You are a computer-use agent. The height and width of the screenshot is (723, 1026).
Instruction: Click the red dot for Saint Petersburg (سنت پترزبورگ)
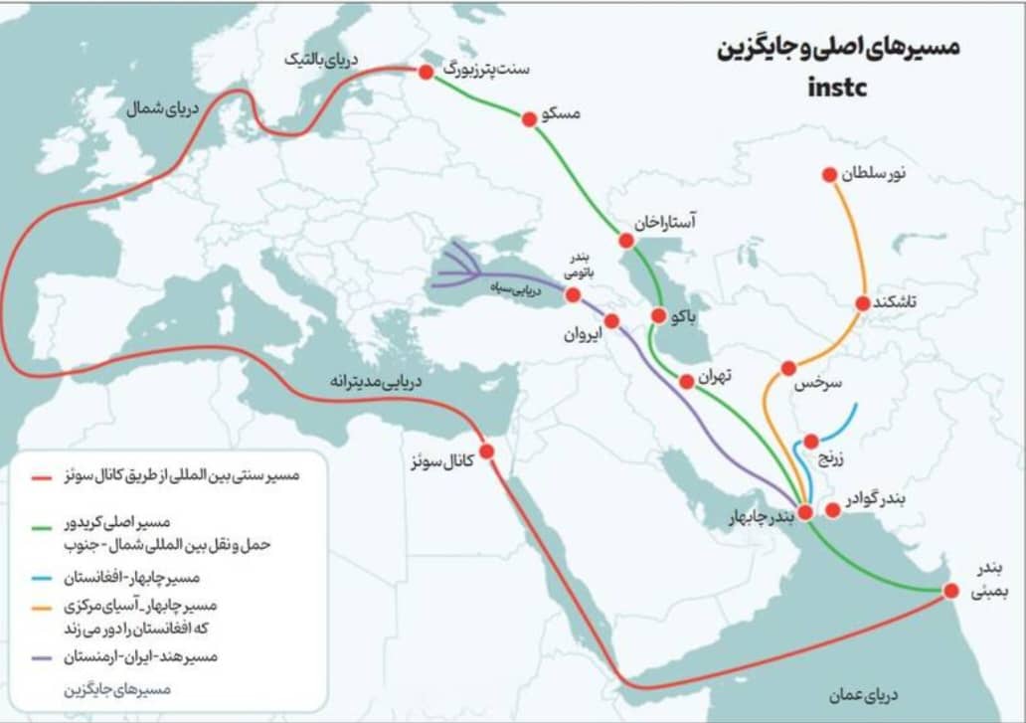tap(426, 72)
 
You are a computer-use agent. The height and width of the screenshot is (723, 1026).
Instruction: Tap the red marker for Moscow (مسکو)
tap(529, 118)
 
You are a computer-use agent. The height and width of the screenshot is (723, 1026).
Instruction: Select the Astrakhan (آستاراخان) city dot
tap(626, 240)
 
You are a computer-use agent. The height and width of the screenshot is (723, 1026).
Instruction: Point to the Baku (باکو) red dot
tap(658, 315)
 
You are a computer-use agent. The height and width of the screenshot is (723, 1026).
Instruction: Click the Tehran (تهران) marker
tap(686, 381)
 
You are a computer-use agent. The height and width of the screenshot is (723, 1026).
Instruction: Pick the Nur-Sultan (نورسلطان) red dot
tap(829, 175)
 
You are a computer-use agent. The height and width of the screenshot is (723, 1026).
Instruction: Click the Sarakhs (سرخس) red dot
tap(788, 368)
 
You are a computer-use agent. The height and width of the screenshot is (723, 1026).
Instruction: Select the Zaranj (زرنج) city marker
tap(811, 441)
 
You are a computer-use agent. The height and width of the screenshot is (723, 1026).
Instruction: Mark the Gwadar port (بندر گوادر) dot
tap(833, 509)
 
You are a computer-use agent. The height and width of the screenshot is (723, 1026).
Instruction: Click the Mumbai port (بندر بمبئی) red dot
tap(950, 590)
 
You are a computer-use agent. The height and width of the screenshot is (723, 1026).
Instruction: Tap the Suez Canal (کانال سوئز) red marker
tap(486, 451)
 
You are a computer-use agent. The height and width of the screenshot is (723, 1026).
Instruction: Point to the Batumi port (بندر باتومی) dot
tap(573, 294)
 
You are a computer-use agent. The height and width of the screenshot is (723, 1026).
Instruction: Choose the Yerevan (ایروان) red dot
tap(611, 321)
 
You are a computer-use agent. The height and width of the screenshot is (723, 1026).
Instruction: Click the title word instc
tap(837, 87)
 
